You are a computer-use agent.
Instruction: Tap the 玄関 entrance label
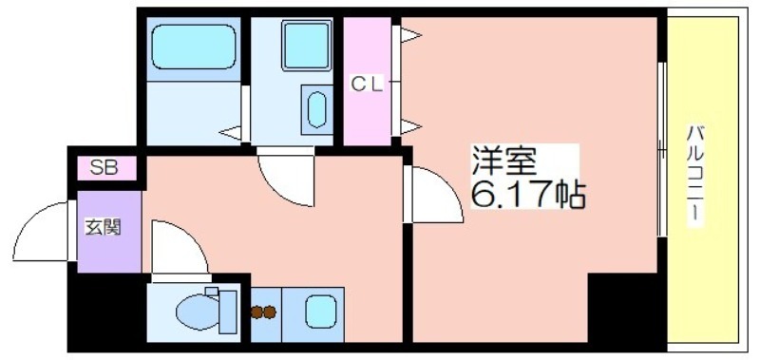[103, 227]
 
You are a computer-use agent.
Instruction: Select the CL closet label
[367, 85]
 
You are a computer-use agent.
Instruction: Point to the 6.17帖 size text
[529, 195]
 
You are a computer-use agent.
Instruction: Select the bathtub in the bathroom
[194, 47]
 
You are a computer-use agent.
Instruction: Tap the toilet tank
[228, 313]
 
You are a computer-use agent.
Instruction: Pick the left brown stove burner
[256, 313]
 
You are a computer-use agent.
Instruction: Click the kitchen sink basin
[321, 312]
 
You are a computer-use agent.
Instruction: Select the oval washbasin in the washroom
[317, 110]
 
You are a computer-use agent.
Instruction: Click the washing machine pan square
[306, 45]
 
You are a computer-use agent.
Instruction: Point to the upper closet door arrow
[410, 35]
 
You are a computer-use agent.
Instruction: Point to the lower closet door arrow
[410, 126]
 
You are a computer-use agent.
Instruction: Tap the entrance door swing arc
[28, 219]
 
